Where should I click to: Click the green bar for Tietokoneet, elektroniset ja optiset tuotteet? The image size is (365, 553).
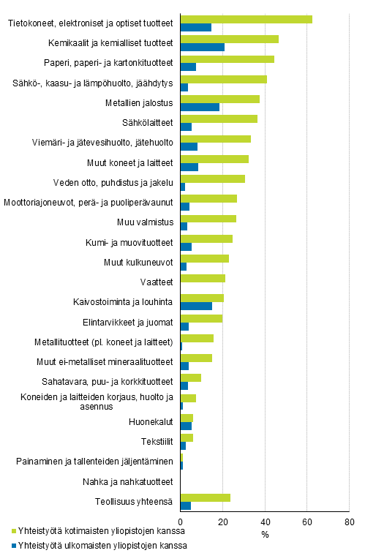pos(246,19)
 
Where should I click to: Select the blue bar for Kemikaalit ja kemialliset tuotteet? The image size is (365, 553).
pos(202,47)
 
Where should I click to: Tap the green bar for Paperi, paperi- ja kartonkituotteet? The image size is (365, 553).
pos(227,59)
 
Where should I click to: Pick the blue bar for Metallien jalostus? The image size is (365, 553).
pos(199,107)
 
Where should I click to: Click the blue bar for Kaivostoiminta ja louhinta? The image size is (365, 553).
pos(195,306)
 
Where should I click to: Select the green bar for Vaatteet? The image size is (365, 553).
pos(202,278)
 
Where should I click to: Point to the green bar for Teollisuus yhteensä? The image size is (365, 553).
pos(205,497)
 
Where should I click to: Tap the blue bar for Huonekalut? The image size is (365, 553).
pos(186,426)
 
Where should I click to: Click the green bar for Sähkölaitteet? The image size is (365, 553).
pos(218,118)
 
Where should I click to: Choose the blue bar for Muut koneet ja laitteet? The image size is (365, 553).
pos(189,167)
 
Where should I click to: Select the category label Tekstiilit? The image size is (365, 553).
pos(157,441)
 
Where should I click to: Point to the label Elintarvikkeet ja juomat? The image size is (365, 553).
pos(128,321)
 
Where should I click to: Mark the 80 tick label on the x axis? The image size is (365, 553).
pos(349,522)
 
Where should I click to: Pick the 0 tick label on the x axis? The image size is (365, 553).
pos(180,522)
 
